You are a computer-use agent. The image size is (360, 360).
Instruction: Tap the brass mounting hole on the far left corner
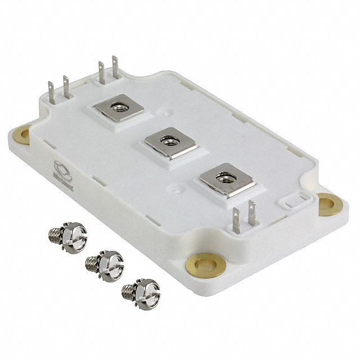pos(22,135)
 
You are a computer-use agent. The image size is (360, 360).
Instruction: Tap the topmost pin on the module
pos(116,66)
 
